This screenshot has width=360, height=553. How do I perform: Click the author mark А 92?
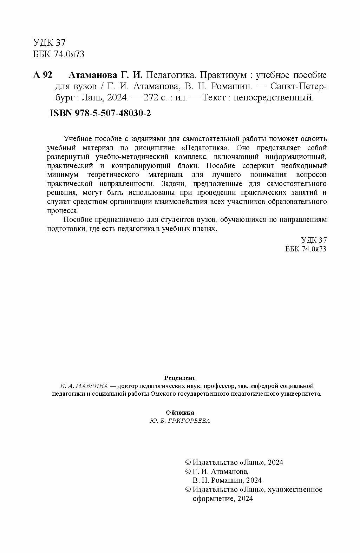pos(42,75)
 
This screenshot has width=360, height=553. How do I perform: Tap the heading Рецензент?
pos(179,378)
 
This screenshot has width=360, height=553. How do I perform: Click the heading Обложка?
pos(180,413)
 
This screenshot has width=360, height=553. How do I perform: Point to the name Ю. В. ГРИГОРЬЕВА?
pos(180,421)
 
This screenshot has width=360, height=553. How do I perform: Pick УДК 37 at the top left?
pos(49,43)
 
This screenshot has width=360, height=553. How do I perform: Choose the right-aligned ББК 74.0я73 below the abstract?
pos(307,249)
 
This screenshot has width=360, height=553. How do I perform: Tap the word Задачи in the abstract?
pos(171,184)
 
